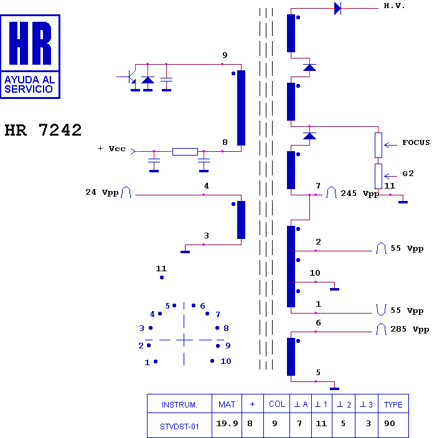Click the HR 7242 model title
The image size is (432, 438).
click(x=43, y=130)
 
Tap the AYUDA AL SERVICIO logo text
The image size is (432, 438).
click(x=29, y=84)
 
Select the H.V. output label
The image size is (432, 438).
click(x=394, y=6)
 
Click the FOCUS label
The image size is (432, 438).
click(x=416, y=142)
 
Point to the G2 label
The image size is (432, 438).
click(x=408, y=174)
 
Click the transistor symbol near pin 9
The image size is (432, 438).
click(x=130, y=77)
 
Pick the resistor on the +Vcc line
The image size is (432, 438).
click(x=185, y=152)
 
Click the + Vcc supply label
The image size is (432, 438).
click(x=112, y=149)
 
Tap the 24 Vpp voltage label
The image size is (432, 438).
click(x=102, y=192)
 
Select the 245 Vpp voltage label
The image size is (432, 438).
click(x=360, y=193)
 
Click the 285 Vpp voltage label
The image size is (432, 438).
click(x=410, y=329)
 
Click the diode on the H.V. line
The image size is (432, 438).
click(x=338, y=8)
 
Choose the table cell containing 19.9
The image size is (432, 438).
click(x=227, y=424)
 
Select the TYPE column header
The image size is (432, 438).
click(x=393, y=404)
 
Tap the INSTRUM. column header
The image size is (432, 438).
click(x=179, y=404)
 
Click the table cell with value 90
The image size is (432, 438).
click(x=393, y=424)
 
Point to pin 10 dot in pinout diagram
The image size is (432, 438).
click(x=212, y=361)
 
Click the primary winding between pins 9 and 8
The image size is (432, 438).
click(x=241, y=108)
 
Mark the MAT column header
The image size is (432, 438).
click(x=227, y=404)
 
